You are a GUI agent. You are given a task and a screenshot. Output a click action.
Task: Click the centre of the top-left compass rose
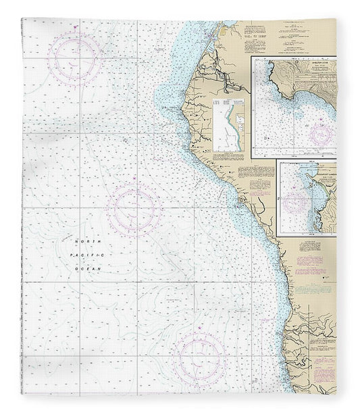74,55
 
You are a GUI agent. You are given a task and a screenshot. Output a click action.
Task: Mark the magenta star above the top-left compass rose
75,28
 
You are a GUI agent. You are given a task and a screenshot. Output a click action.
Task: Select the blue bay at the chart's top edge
223,27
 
